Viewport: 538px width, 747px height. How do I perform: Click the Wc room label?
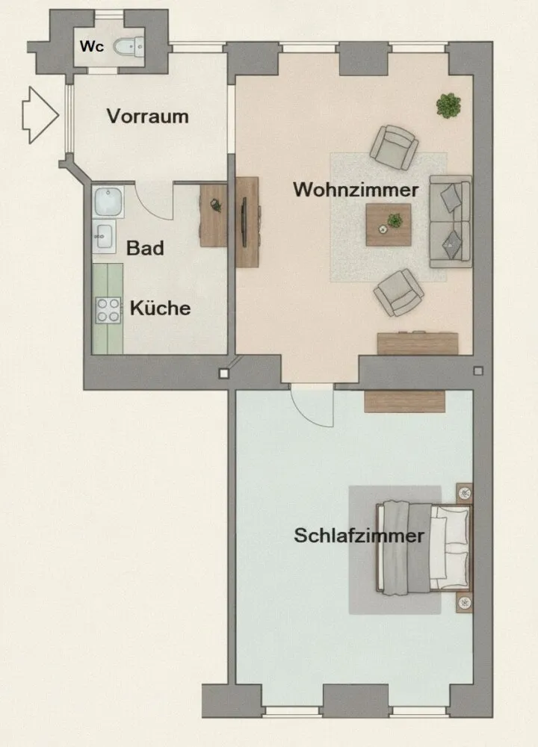coord(91,46)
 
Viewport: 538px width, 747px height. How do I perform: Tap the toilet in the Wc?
coord(129,46)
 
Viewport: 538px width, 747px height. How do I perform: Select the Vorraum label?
coord(147,117)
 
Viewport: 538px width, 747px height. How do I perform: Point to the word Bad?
coord(145,248)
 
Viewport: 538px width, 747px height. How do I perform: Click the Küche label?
coord(160,308)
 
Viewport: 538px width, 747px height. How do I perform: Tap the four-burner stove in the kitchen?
coord(108,310)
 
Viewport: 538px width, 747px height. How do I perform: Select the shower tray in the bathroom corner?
coord(108,202)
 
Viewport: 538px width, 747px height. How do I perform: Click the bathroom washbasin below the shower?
coord(104,236)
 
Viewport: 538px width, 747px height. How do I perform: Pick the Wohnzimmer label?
coord(356,190)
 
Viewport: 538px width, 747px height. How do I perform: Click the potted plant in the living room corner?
coord(448,105)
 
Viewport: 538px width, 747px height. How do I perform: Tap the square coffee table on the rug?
coord(389,225)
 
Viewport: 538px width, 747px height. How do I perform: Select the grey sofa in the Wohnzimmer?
coord(451,222)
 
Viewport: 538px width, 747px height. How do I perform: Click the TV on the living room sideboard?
coord(244,222)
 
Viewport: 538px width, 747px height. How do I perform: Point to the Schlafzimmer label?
coord(359,536)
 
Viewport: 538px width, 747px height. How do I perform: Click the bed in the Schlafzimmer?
coord(423,548)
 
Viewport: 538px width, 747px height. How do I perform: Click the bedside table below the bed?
coord(464,603)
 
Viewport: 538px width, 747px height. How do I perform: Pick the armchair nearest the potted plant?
coord(394,147)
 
